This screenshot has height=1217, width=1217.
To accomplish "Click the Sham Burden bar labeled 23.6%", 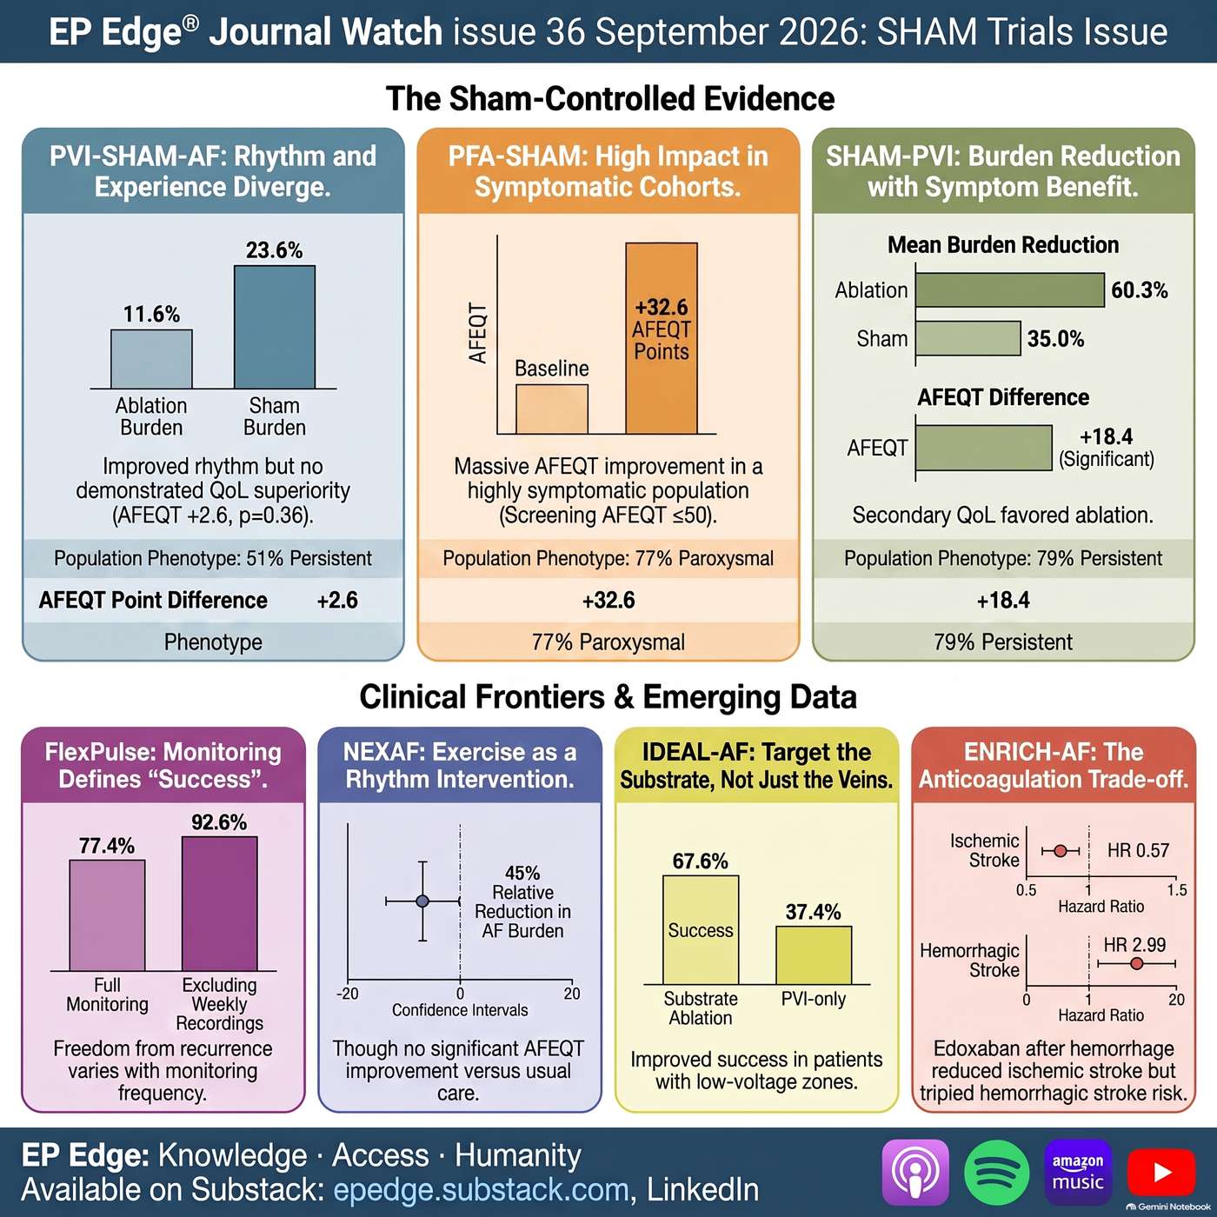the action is pos(275,327).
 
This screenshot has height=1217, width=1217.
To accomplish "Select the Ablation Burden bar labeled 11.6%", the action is pos(151,359).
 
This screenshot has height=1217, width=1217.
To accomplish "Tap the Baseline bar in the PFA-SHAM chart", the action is pos(552,409).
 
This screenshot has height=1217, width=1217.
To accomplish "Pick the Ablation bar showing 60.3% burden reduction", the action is pos(1010,289).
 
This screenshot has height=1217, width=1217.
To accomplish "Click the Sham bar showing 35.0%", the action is pos(968,338).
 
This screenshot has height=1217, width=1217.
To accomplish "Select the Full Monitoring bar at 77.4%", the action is pos(108,915).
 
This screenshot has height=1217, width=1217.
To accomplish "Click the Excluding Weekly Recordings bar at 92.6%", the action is pos(220,904).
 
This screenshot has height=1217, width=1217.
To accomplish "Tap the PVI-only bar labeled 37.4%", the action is pos(814,954).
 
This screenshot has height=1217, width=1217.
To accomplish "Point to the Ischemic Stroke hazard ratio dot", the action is pos(1061,851).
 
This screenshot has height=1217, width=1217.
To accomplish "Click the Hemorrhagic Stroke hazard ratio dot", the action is pos(1137,963).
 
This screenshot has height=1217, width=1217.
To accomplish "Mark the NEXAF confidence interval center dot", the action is pos(422,901).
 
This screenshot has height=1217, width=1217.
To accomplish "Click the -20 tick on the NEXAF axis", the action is pos(348,994).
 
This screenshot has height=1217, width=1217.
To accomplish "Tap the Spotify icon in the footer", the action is pos(997,1173).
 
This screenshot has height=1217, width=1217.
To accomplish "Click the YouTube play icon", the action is pos(1160,1173).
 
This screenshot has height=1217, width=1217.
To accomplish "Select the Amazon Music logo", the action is pos(1078,1173).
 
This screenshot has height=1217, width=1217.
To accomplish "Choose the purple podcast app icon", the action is pos(915,1173).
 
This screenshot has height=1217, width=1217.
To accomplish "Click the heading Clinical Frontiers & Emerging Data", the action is pos(608,697).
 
